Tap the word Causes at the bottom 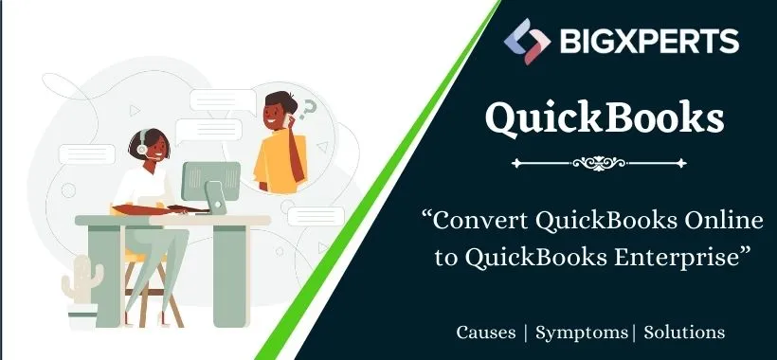click(x=486, y=333)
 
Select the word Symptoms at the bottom click(x=581, y=333)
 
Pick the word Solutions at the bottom click(x=685, y=333)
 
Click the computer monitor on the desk click(x=209, y=182)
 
